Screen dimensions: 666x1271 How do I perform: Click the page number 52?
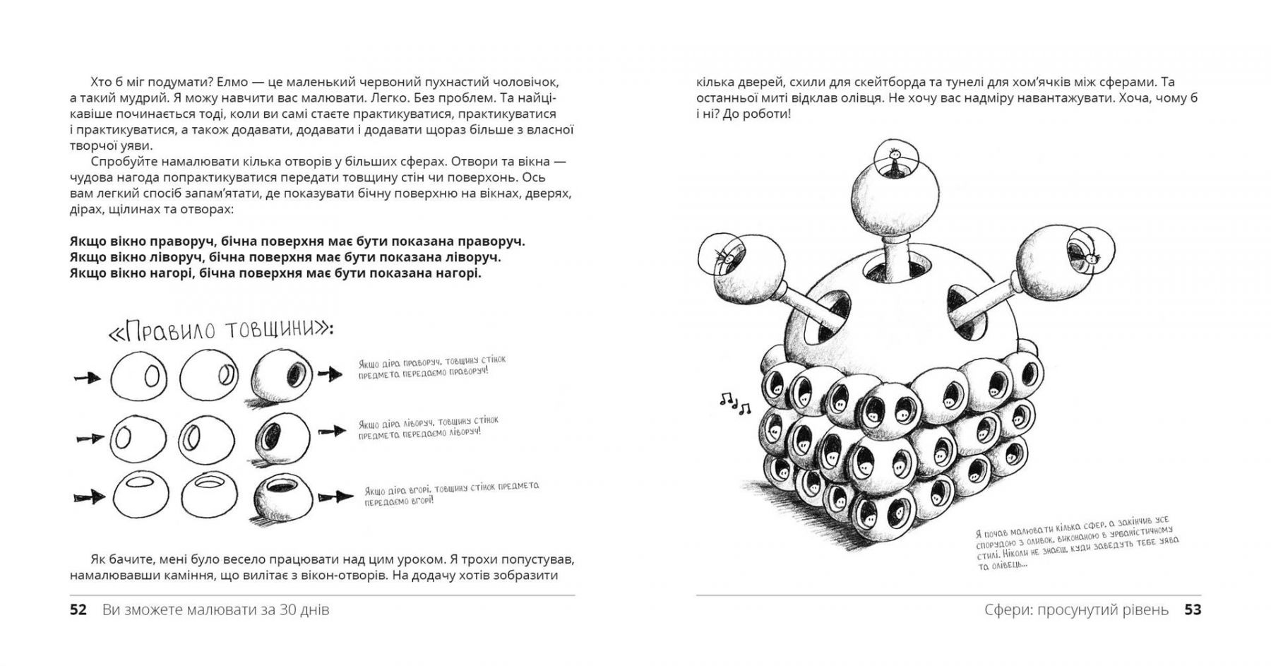click(78, 609)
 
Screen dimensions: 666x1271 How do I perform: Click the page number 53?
click(1193, 609)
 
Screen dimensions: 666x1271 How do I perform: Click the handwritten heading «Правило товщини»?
click(220, 331)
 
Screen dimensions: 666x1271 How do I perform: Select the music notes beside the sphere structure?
click(735, 403)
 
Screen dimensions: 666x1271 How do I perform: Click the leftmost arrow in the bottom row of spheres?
click(89, 497)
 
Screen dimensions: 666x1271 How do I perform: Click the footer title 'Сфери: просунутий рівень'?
click(1076, 609)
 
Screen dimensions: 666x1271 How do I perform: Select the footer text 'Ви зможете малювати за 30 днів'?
click(215, 609)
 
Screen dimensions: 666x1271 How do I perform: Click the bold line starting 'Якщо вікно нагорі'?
click(275, 273)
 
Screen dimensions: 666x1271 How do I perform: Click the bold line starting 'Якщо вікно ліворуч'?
click(285, 257)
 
